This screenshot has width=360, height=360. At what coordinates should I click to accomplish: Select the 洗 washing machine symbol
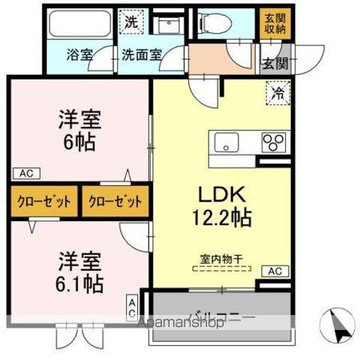[x=131, y=22]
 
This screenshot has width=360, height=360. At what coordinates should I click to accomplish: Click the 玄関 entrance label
[x=274, y=64]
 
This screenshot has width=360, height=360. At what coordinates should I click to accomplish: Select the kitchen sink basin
[x=226, y=142]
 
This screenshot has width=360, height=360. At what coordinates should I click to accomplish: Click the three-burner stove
[x=273, y=142]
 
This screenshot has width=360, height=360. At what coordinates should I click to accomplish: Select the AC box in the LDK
[x=275, y=271]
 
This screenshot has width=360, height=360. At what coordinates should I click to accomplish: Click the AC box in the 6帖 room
[x=25, y=173]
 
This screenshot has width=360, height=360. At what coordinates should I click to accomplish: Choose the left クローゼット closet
[x=44, y=201]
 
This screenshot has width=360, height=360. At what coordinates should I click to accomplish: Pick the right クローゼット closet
[x=114, y=201]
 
